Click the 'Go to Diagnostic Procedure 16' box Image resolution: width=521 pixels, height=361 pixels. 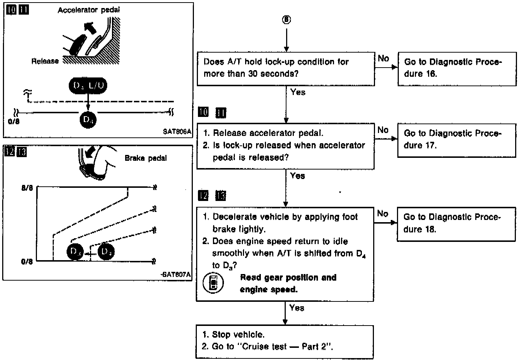tap(457, 69)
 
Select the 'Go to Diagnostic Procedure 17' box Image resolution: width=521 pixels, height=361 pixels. tap(456, 140)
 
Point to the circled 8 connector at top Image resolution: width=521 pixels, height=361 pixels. tap(286, 20)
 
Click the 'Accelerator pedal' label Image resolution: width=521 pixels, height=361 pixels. tap(89, 10)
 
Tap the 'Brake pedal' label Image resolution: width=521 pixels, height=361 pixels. tap(146, 158)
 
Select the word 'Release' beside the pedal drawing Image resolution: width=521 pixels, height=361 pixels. tap(45, 61)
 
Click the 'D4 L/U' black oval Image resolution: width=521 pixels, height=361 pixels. tap(88, 85)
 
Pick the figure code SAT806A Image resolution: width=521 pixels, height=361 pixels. tap(177, 132)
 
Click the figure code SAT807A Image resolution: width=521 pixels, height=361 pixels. tap(177, 275)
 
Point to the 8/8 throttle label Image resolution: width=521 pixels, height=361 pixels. tap(27, 189)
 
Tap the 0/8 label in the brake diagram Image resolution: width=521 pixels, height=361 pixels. tap(27, 262)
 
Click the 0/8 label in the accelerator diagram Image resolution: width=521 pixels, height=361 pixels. tap(14, 121)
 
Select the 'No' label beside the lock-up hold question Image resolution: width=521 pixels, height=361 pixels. tap(383, 58)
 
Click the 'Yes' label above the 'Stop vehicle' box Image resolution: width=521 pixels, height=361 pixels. tap(297, 308)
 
